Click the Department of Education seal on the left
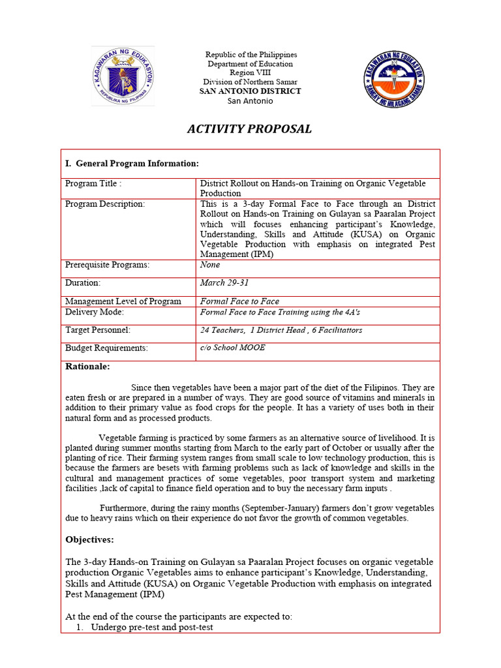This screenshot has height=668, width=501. pyautogui.click(x=123, y=76)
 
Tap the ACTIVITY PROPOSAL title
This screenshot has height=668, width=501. pyautogui.click(x=249, y=129)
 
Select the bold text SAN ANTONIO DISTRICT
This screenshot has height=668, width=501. pyautogui.click(x=250, y=91)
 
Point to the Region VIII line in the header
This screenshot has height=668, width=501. pyautogui.click(x=250, y=73)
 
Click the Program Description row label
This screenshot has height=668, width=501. pyautogui.click(x=104, y=204)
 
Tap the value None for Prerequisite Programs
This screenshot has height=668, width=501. pyautogui.click(x=210, y=265)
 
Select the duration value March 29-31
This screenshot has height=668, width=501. pyautogui.click(x=224, y=283)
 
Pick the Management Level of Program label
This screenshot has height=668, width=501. pyautogui.click(x=123, y=301)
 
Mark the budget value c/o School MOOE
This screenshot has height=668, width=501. pyautogui.click(x=232, y=348)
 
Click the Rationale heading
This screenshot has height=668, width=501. pyautogui.click(x=87, y=367)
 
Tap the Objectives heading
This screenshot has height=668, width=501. pyautogui.click(x=90, y=539)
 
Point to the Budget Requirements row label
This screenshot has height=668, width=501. pyautogui.click(x=106, y=348)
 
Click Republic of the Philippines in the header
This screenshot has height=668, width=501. pyautogui.click(x=250, y=55)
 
